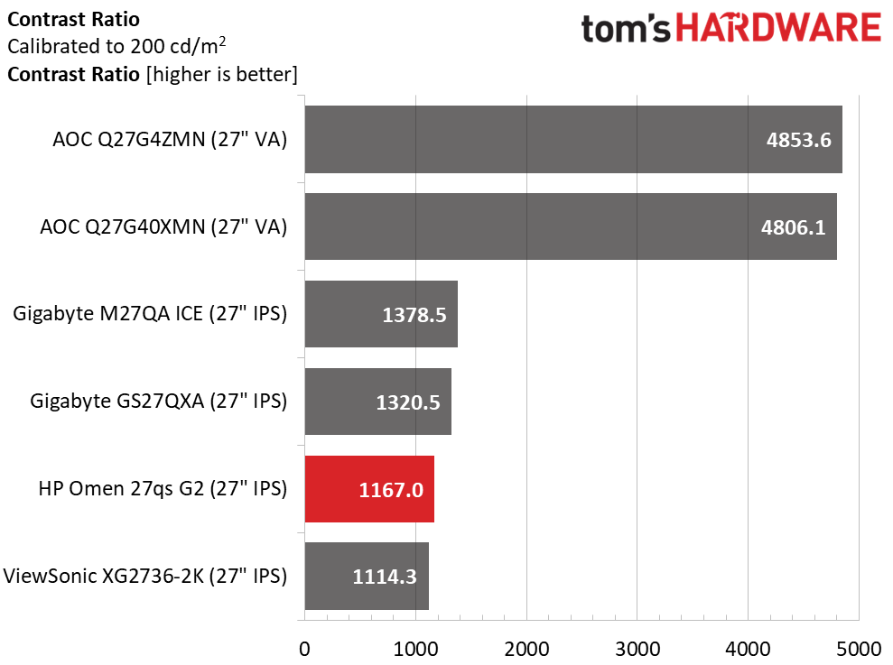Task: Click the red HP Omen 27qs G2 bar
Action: [x=369, y=489]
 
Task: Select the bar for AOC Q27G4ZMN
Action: [x=573, y=139]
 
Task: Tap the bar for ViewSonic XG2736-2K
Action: [x=367, y=576]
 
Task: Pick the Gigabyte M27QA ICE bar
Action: [x=381, y=314]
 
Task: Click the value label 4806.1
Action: [x=793, y=227]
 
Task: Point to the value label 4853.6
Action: [x=798, y=140]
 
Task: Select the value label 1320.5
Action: [x=408, y=402]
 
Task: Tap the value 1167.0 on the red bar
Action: [x=391, y=490]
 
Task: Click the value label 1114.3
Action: [x=386, y=577]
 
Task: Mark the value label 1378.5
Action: [x=414, y=315]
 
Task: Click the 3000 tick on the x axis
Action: [x=637, y=648]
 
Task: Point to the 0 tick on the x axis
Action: [x=305, y=648]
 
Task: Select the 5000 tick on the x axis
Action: [x=859, y=648]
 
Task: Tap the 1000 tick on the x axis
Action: [x=415, y=648]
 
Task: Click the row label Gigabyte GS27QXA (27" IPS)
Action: [x=158, y=402]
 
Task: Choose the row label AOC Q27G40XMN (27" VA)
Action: [x=163, y=227]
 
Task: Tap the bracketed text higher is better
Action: [x=221, y=74]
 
